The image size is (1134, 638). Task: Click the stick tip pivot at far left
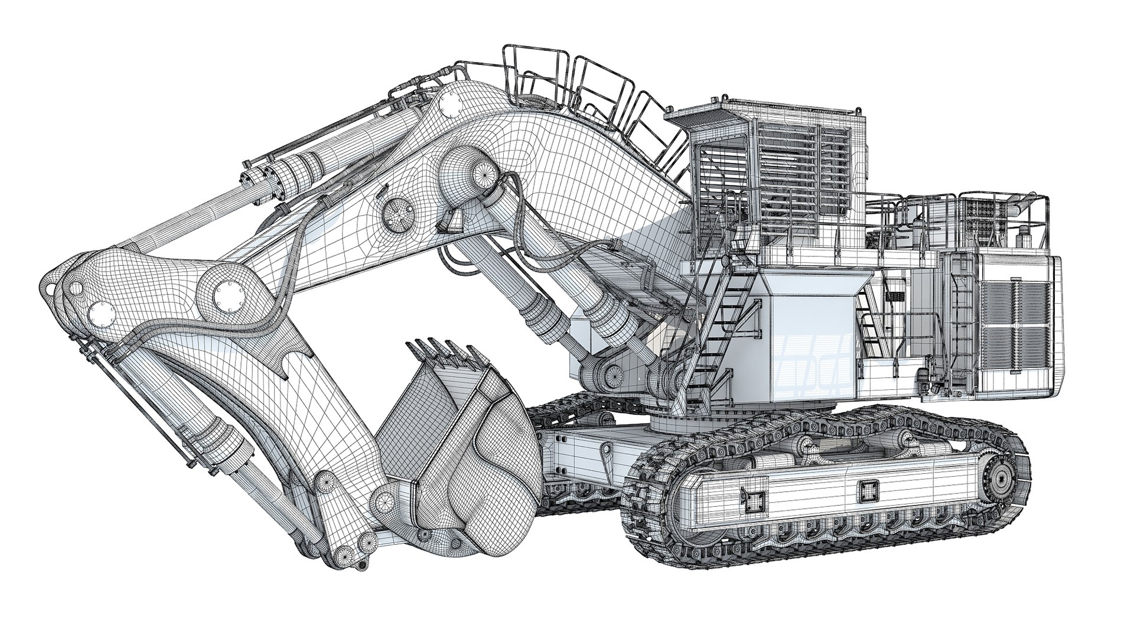75,288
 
